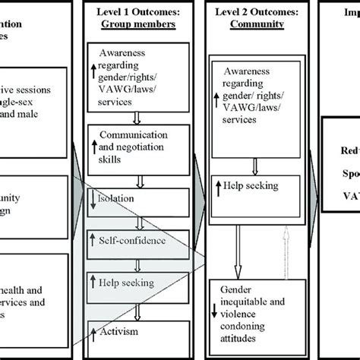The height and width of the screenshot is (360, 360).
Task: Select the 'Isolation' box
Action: coord(139,201)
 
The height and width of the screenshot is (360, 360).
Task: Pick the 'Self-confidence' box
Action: coord(139,242)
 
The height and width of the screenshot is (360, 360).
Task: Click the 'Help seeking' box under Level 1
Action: coord(139,283)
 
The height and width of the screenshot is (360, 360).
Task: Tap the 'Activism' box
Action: coord(139,331)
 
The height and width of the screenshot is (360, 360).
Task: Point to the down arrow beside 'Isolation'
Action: coord(93,201)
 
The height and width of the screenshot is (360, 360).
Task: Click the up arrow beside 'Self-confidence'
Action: coord(93,242)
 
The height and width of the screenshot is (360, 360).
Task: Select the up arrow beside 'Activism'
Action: coord(93,331)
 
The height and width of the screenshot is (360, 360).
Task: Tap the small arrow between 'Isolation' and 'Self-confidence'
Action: coord(139,222)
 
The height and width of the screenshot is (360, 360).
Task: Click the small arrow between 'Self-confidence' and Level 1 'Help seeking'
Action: coord(139,262)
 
